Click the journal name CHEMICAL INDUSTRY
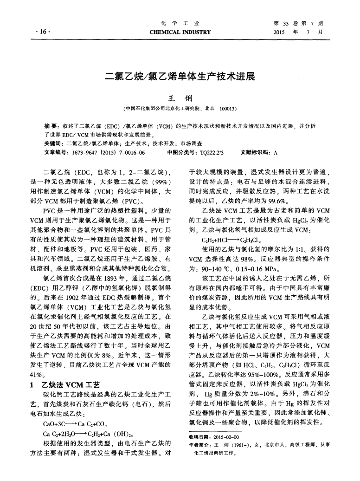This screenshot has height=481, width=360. (x=180, y=32)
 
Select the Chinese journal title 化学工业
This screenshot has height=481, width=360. (x=180, y=23)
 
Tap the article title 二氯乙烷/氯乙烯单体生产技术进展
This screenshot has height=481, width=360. (x=180, y=76)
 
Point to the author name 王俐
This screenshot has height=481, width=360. (x=180, y=98)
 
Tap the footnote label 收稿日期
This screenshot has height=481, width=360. (x=200, y=438)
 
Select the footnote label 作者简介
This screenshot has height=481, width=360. (x=200, y=445)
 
